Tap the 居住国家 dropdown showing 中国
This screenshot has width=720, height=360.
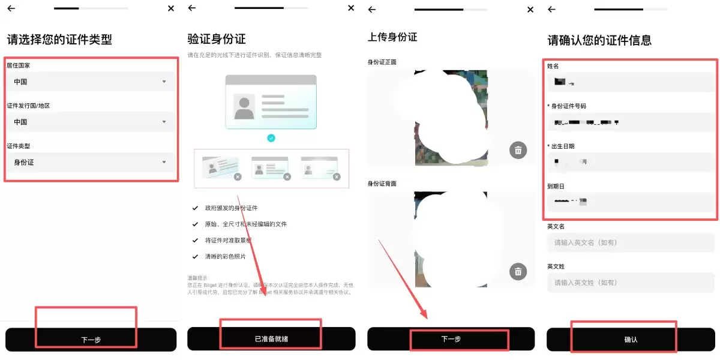(x=90, y=82)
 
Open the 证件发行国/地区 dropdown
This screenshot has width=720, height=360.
(x=90, y=122)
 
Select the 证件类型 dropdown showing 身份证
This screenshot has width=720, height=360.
(x=90, y=162)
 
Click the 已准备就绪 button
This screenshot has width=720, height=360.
(x=271, y=339)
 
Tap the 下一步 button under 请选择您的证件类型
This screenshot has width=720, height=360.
(x=91, y=340)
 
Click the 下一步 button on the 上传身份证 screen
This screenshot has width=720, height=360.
(x=451, y=339)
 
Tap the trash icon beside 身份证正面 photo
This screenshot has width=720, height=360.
(x=518, y=150)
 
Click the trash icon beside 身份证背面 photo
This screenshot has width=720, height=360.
(x=517, y=271)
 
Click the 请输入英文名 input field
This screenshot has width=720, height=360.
(x=630, y=242)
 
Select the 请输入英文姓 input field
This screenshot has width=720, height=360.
(x=630, y=282)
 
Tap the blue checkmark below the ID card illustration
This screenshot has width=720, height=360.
(x=271, y=138)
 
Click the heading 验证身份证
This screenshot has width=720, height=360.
(x=217, y=40)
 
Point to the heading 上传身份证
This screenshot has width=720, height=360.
(x=392, y=37)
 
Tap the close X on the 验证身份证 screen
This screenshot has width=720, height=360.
(x=351, y=8)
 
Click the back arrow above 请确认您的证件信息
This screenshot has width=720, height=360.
(x=551, y=9)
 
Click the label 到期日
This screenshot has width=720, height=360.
(x=556, y=186)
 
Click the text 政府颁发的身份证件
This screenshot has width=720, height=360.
(x=230, y=208)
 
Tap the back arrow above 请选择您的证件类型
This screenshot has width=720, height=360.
(x=11, y=8)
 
